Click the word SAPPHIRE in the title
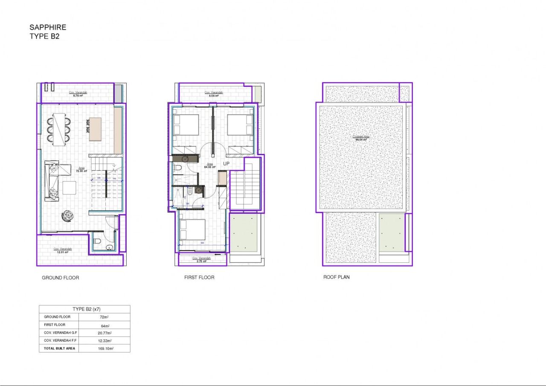48,28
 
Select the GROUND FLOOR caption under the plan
60,278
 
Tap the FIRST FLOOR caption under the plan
199,277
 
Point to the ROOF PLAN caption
336,277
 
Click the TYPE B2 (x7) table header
84,309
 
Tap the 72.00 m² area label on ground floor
81,171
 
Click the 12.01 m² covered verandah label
63,252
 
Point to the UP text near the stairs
227,163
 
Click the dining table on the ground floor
59,128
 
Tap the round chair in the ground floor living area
67,216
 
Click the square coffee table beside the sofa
69,188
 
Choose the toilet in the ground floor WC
97,241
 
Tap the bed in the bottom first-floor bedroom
192,229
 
